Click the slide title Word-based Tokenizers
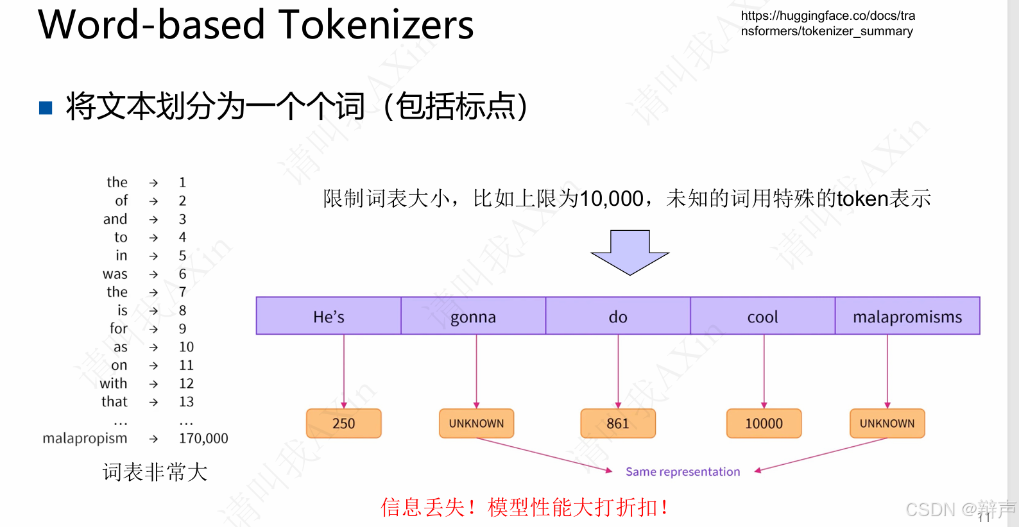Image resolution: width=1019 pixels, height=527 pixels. [255, 26]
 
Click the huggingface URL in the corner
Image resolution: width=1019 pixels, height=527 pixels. [828, 24]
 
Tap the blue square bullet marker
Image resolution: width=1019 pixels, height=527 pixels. [46, 107]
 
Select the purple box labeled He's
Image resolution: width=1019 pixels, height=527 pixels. [329, 316]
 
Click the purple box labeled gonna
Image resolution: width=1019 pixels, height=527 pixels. [473, 316]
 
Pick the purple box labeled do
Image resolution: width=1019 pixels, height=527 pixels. [618, 316]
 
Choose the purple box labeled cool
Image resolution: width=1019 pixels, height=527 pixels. [762, 316]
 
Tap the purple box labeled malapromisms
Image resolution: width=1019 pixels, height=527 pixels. [907, 316]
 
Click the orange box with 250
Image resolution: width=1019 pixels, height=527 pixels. [344, 423]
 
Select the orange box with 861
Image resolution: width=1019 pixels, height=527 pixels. [618, 423]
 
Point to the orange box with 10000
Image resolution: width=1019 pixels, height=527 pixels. [764, 423]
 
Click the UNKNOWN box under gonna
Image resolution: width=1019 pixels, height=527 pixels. [476, 423]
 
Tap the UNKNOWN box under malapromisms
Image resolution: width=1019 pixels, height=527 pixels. [887, 423]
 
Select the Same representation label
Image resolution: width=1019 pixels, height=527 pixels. [683, 472]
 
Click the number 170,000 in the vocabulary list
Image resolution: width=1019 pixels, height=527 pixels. [203, 439]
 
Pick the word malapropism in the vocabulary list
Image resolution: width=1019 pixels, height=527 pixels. [85, 439]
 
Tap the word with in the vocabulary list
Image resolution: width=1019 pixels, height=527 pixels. [114, 383]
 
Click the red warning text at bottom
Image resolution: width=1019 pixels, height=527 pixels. [524, 507]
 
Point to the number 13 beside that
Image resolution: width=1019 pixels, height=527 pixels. [186, 402]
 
